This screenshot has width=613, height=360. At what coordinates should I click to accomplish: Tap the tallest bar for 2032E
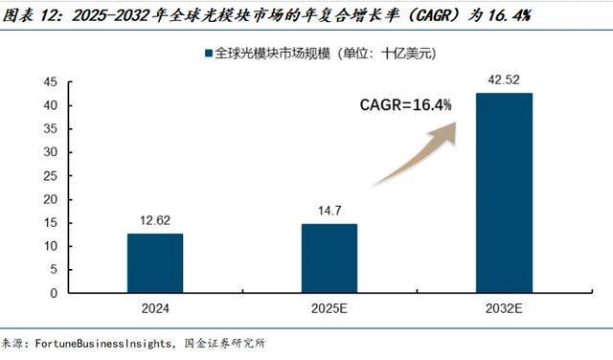tap(504, 191)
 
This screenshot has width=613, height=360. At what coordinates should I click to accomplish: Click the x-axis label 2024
tap(154, 309)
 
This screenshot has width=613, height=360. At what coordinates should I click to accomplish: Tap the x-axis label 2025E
tap(329, 309)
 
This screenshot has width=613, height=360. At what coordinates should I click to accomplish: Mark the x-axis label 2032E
tap(504, 309)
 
